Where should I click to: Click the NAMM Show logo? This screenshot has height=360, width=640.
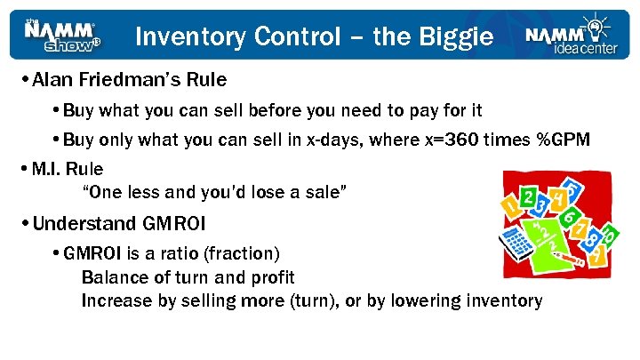[61, 35]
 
